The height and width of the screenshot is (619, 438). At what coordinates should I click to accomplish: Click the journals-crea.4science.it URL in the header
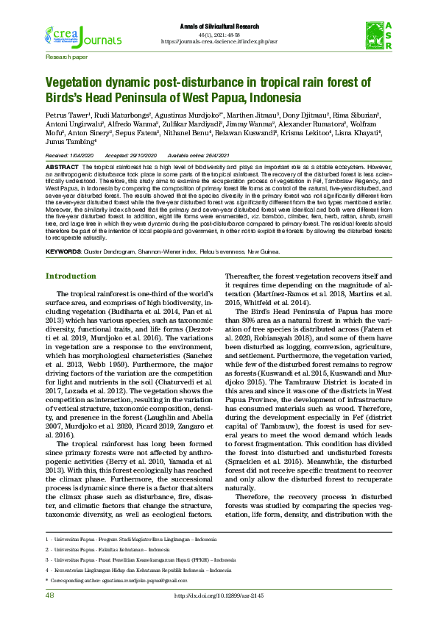click(220, 41)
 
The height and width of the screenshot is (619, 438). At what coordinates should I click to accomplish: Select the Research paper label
click(66, 56)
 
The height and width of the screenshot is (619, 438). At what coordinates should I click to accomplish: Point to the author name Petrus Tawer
click(66, 115)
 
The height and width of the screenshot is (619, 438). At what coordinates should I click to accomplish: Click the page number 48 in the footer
click(50, 595)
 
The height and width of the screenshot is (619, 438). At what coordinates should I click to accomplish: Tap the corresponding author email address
click(147, 579)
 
